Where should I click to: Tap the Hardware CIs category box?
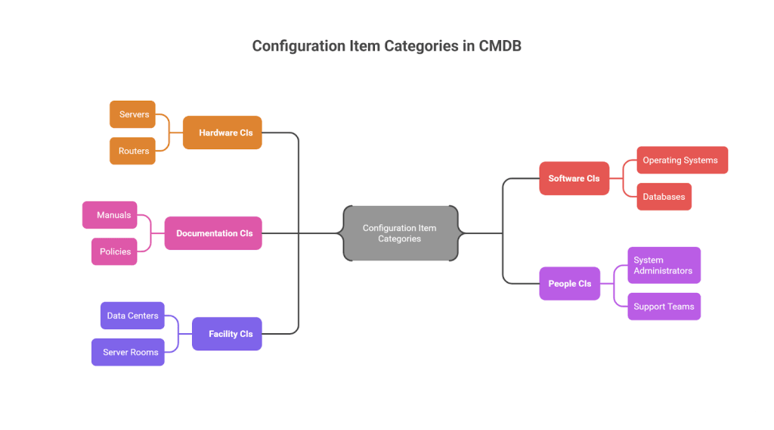[222, 132]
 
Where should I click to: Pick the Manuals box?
[110, 215]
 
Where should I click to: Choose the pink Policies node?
[114, 251]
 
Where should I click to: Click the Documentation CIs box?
[213, 233]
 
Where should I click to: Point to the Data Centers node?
[132, 316]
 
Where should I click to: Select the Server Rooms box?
[128, 352]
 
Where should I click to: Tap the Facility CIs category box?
[227, 334]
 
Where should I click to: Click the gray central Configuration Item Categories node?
[400, 233]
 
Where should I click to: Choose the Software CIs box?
[574, 179]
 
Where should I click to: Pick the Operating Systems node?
[682, 160]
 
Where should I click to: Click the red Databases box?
[664, 197]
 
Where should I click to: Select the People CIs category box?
[569, 284]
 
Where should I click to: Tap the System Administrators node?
[664, 265]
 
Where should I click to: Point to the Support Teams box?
[664, 307]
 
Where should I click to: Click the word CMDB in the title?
[500, 46]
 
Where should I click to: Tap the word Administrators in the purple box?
[663, 271]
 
